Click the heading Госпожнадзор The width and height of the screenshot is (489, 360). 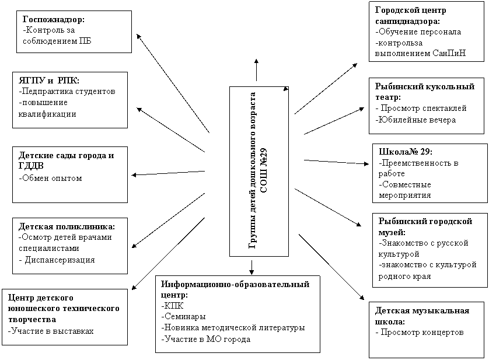pos(54,19)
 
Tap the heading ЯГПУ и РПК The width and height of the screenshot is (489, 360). pos(49,80)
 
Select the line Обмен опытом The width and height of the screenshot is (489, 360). pos(50,178)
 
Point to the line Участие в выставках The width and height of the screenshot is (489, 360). pos(51,331)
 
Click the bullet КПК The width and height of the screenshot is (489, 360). pos(173,305)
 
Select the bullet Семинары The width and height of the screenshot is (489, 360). pos(183,316)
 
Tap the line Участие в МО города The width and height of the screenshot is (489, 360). pos(206,339)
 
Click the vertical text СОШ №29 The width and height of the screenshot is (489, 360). pos(264,170)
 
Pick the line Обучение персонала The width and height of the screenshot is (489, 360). pos(418,32)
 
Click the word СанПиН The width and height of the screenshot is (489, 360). pos(449,53)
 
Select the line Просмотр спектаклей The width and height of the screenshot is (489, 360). pos(421,108)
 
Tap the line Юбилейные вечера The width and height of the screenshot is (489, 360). pos(415,120)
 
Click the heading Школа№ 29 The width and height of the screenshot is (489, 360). pos(406,152)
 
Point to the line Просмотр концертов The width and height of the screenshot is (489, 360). pos(420,332)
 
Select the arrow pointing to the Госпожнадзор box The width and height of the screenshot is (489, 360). pos(173,83)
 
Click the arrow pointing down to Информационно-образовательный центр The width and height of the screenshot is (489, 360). pos(252,267)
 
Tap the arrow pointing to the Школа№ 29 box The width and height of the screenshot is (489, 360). pos(337,162)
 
